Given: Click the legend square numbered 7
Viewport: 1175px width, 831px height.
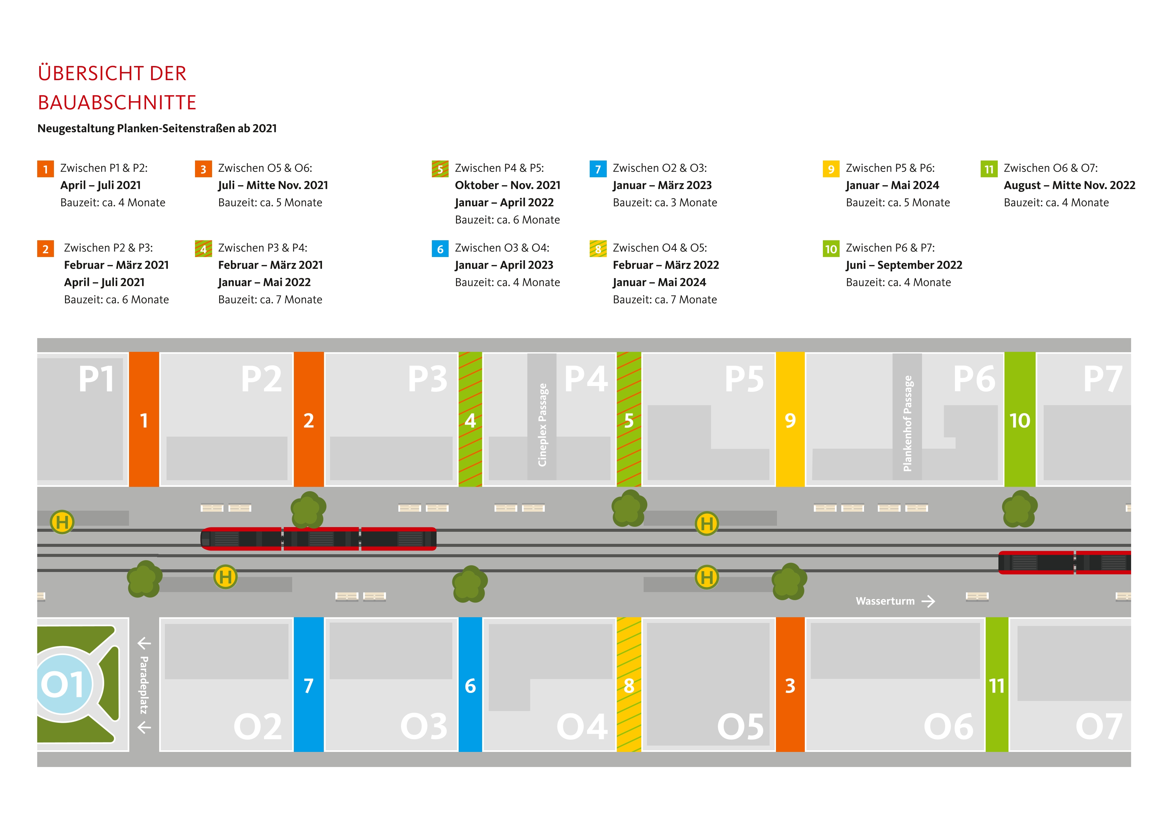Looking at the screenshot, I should point(598,169).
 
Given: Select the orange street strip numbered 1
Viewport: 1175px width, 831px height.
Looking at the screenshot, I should point(144,419).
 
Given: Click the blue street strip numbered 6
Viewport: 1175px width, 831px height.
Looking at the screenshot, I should point(470,684).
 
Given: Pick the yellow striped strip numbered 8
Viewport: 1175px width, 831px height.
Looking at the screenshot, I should point(629,684).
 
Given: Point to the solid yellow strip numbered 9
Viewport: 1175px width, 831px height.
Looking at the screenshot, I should point(790,419).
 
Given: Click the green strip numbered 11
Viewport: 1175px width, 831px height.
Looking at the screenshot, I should point(996,684).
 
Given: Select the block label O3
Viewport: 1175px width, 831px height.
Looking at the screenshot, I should point(424,726).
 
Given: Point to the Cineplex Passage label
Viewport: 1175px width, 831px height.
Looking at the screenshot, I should point(542,424).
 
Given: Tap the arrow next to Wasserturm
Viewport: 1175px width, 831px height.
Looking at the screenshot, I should point(928,601).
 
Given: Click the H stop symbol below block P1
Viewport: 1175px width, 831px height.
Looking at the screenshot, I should point(62,522).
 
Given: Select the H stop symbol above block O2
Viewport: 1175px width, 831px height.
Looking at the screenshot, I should point(225,577).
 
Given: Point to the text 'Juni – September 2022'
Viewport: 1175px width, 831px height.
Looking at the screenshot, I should point(903,265).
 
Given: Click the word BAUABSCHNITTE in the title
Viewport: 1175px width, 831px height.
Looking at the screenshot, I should point(117,102).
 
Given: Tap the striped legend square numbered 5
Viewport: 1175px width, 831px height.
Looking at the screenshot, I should point(440,169).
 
